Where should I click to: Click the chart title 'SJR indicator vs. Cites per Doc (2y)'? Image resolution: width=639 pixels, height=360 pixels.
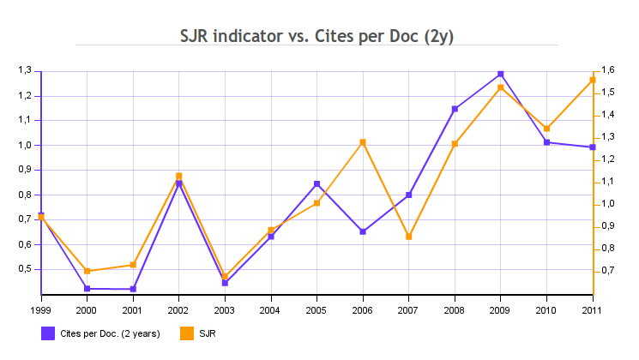coord(316,36)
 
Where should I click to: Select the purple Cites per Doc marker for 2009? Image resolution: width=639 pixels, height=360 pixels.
coord(501,74)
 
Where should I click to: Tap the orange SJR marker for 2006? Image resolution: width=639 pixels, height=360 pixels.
coord(363,142)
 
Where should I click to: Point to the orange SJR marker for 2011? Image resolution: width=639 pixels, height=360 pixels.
coord(593,80)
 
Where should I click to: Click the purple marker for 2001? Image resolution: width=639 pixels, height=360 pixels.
coord(133,289)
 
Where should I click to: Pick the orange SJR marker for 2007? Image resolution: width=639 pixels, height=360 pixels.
coord(409,237)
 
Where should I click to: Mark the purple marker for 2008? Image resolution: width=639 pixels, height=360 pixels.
coord(455,109)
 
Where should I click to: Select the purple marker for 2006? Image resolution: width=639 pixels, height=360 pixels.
coord(363,231)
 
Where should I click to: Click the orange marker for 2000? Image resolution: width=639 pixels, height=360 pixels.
coord(87,271)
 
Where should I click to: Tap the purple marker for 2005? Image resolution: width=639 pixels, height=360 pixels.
coord(316,183)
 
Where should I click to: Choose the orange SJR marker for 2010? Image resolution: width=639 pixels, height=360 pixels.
coord(547,129)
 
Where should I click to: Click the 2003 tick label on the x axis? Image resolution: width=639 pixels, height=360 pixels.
coord(224,309)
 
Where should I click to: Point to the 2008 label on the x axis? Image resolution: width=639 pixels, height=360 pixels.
coord(455,309)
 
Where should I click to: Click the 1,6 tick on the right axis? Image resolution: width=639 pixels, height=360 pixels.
coord(608,70)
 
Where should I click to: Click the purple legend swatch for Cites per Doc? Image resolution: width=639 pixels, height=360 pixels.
coord(48,333)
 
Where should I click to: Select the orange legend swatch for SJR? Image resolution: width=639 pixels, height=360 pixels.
coord(185,333)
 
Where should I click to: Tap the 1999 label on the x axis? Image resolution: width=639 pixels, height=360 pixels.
coord(40,309)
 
